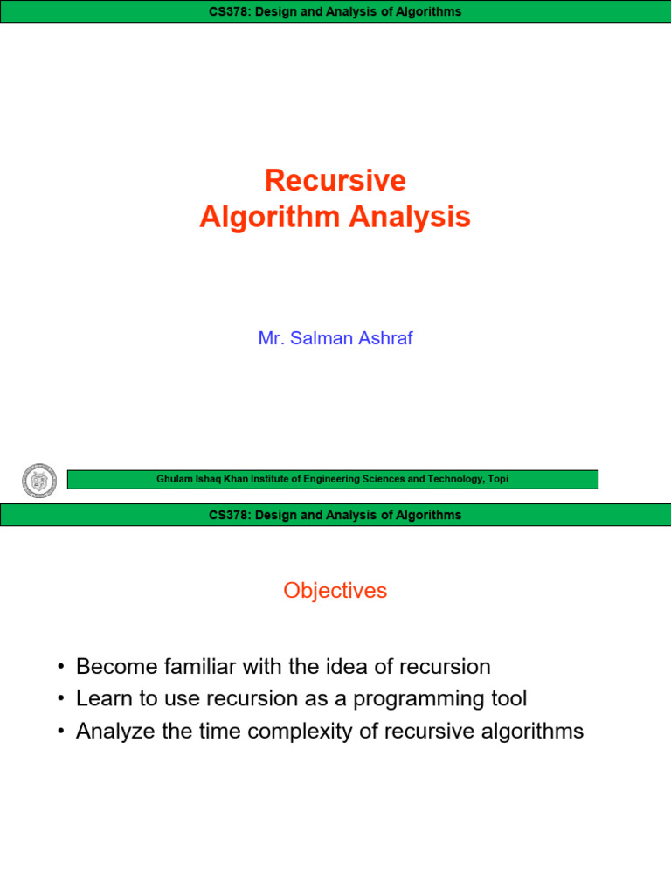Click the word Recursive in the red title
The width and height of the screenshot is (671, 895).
(x=335, y=180)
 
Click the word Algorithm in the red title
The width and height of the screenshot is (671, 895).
(x=270, y=218)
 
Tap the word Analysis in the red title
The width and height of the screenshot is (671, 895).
(x=410, y=218)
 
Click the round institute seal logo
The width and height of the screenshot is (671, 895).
(x=38, y=480)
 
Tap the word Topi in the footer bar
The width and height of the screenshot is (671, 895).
(x=498, y=479)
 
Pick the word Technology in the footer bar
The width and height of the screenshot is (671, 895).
(x=457, y=479)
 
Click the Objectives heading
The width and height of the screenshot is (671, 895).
(x=335, y=590)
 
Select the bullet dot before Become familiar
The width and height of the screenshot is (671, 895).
(x=61, y=667)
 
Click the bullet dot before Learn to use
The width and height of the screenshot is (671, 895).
(x=61, y=698)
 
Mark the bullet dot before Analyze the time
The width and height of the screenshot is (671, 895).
(x=61, y=732)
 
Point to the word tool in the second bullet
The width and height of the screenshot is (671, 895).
(x=509, y=698)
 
